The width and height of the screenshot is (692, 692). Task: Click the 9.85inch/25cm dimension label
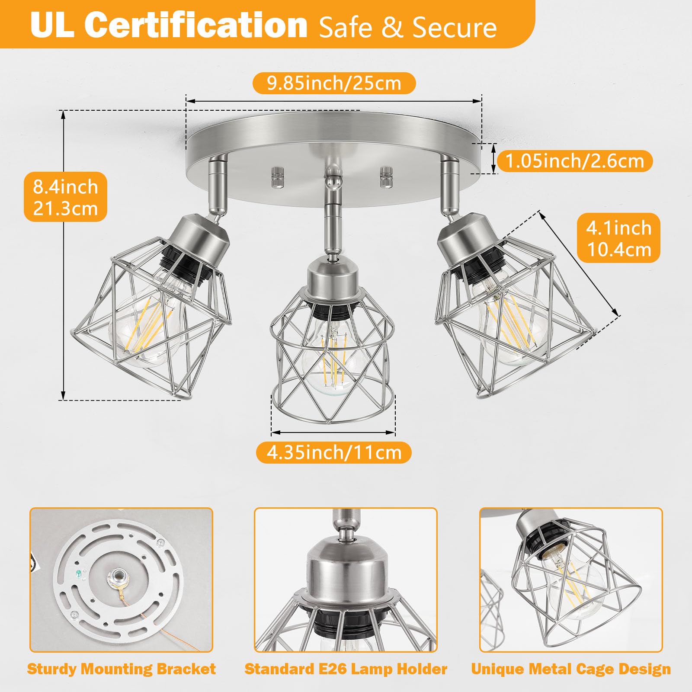334,83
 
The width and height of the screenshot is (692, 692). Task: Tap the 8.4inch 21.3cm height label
65,197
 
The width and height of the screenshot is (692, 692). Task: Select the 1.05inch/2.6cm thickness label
574,161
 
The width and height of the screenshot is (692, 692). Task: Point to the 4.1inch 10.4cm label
619,238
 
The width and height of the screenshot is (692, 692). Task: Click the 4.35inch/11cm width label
334,452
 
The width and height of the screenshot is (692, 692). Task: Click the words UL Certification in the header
169,25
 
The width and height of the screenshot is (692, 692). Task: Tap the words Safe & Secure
407,27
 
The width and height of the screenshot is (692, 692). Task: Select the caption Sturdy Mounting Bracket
121,669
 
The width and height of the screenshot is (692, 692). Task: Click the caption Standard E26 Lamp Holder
346,669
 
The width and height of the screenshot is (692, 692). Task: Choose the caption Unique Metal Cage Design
571,669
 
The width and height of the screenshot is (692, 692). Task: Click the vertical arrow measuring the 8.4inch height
63,255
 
